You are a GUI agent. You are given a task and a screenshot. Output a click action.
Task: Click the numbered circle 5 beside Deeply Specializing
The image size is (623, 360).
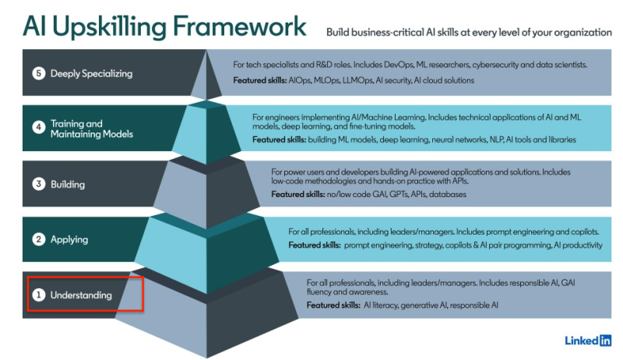click(x=38, y=73)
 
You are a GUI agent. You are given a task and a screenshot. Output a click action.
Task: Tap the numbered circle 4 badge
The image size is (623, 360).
click(x=38, y=127)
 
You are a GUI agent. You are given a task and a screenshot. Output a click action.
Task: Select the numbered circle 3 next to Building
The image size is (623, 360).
click(x=38, y=184)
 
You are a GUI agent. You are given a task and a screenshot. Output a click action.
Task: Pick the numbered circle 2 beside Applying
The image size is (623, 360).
click(x=38, y=239)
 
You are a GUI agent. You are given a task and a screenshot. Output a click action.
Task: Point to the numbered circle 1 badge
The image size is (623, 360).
click(x=38, y=295)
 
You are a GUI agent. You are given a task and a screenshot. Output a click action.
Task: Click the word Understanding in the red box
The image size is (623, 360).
click(x=81, y=295)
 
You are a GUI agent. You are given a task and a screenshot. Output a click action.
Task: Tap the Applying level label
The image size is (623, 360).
click(x=69, y=239)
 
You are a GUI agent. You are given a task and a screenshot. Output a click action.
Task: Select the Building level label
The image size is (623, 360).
click(x=68, y=185)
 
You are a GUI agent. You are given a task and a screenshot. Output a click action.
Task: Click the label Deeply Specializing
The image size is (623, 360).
click(x=91, y=73)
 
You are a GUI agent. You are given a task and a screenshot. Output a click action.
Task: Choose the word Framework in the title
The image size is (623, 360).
click(x=240, y=26)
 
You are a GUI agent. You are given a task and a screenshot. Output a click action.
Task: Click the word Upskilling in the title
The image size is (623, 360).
click(x=109, y=27)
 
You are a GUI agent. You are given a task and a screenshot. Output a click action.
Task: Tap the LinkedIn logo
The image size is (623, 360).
click(x=588, y=341)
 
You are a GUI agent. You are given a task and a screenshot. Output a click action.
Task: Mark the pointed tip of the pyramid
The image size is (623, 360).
click(x=206, y=51)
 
